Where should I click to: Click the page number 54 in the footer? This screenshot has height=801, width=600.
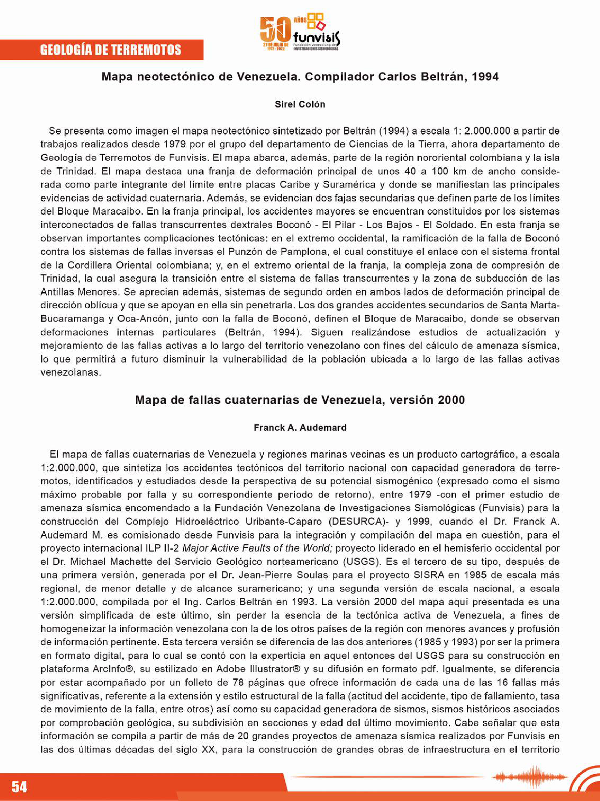(x=19, y=786)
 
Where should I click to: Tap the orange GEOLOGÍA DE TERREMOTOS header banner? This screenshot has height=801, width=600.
(x=111, y=50)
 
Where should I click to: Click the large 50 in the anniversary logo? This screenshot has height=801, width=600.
(x=276, y=29)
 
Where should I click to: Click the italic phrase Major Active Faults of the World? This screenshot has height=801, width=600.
(x=257, y=548)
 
